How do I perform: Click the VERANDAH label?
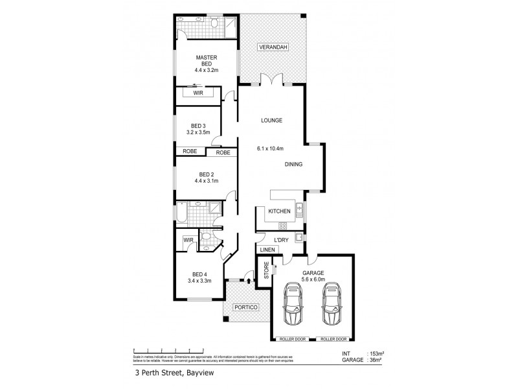point(272,48)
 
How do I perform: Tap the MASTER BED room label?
point(206,62)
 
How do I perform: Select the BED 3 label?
point(198,126)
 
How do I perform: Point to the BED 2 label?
point(206,174)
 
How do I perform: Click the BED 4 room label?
point(199,275)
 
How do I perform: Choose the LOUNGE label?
point(272,121)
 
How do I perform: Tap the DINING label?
point(293,164)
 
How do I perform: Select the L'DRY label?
point(281,240)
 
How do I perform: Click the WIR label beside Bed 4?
point(188,240)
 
